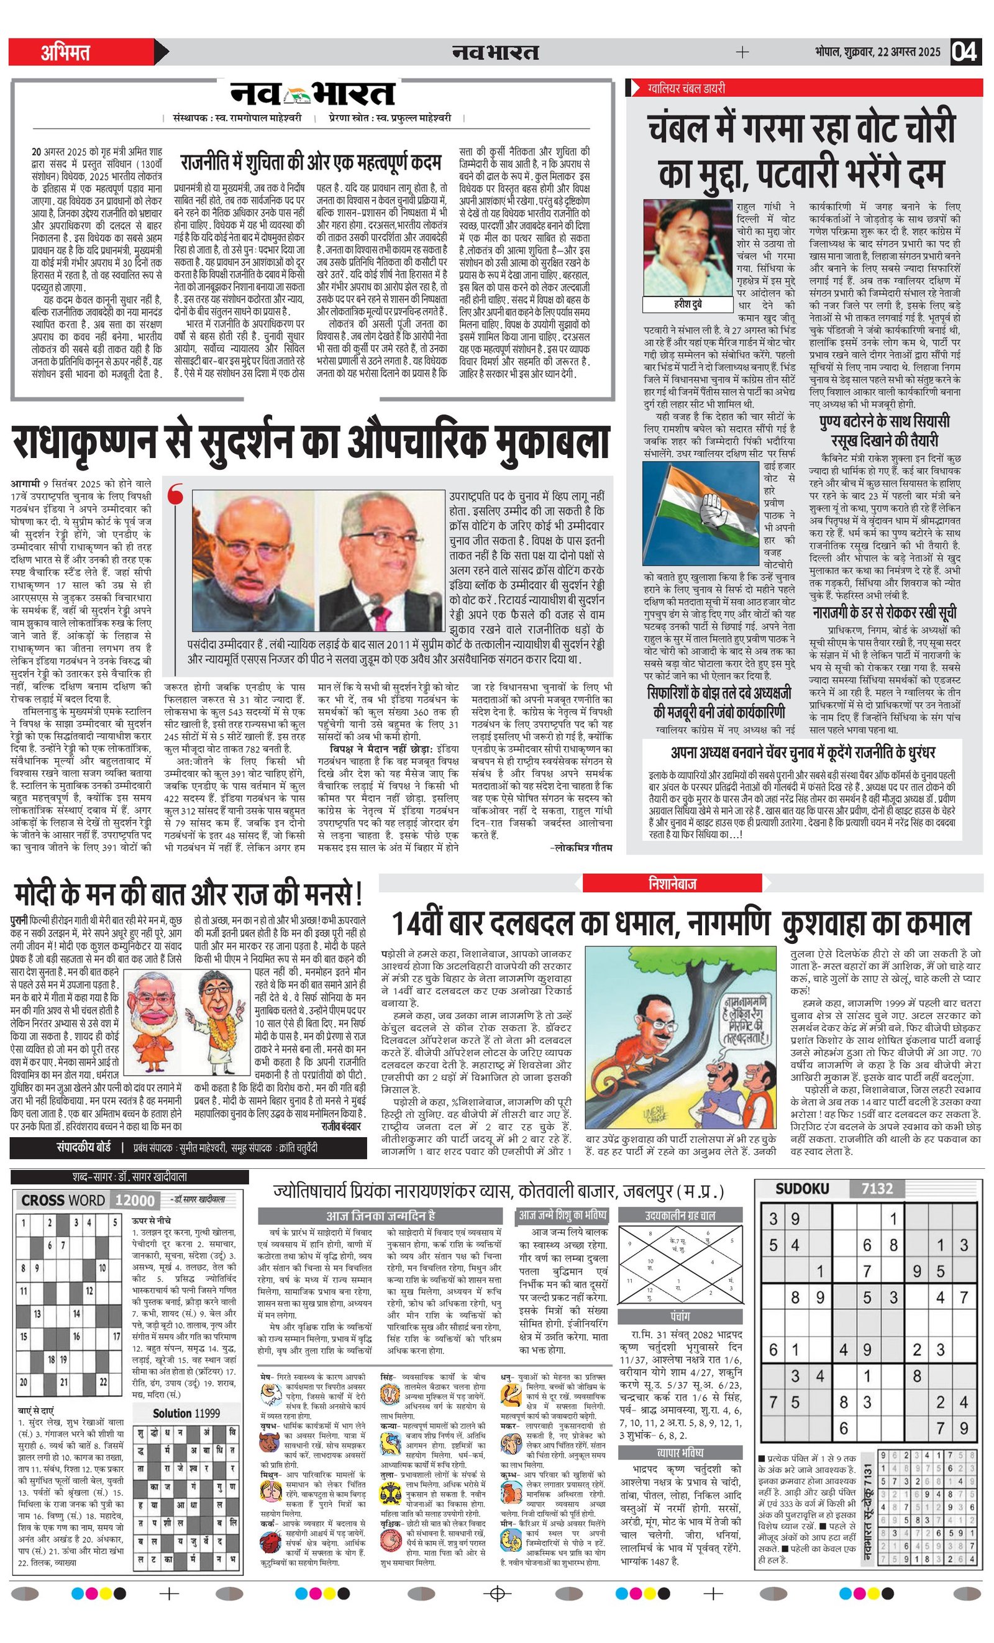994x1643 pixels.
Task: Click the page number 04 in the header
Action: [965, 52]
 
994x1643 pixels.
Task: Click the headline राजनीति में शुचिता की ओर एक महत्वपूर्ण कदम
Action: [311, 162]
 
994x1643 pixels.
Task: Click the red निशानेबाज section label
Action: [672, 884]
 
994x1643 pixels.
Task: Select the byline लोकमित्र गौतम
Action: [581, 848]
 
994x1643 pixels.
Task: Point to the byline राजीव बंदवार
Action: [340, 1126]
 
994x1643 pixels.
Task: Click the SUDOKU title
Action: [802, 1188]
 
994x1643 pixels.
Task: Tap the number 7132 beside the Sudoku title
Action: [877, 1188]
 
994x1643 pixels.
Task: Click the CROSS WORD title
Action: [63, 1200]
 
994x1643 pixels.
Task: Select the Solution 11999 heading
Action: [186, 1413]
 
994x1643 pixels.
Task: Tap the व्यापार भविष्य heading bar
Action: [680, 1452]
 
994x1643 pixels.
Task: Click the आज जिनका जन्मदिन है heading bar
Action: [380, 1215]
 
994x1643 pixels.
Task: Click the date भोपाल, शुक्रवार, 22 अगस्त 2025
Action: [877, 52]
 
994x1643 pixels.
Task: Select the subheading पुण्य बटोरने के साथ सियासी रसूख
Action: [884, 431]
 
